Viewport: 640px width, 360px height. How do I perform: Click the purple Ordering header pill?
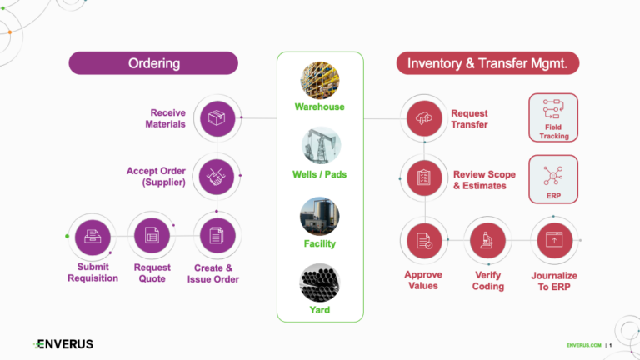click(x=153, y=63)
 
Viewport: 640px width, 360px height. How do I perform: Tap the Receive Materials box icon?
click(x=216, y=118)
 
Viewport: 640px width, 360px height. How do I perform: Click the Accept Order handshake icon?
click(x=216, y=177)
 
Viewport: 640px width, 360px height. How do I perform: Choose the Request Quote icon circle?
click(x=152, y=236)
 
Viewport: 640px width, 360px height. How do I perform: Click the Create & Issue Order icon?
click(x=216, y=236)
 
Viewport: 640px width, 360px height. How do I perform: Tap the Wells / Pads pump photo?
click(x=320, y=147)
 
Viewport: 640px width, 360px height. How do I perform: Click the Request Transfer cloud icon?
click(x=424, y=118)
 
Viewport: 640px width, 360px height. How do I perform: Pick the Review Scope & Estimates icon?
click(x=424, y=177)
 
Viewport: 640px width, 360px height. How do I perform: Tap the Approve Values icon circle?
click(x=424, y=241)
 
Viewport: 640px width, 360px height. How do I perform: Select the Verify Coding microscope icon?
click(x=488, y=241)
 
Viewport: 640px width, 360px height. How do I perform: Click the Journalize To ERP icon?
click(x=553, y=241)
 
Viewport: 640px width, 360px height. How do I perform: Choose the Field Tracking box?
click(x=552, y=117)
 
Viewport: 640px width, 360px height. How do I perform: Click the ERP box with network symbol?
click(x=552, y=178)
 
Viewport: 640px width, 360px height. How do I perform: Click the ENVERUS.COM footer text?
click(x=582, y=345)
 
